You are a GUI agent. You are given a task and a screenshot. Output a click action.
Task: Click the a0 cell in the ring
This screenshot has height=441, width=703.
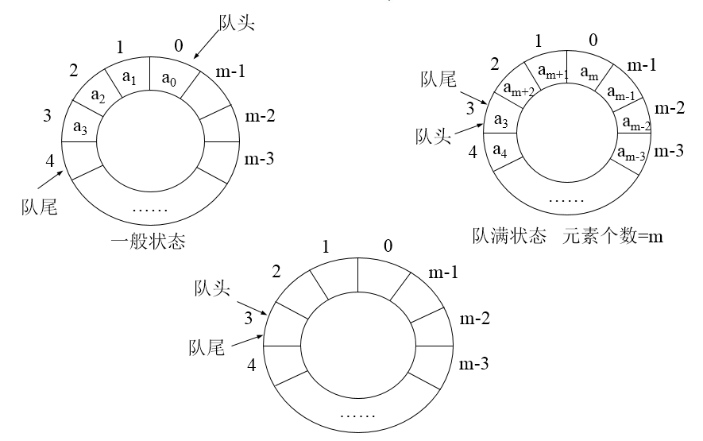(169, 79)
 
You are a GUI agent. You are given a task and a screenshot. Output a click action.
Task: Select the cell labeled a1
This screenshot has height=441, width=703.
(132, 78)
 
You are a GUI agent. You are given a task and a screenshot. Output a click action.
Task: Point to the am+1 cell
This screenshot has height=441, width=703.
(551, 72)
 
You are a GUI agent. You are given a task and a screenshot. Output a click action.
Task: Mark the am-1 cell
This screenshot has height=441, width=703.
(622, 93)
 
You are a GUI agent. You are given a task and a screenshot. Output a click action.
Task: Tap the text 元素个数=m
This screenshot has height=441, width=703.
(613, 236)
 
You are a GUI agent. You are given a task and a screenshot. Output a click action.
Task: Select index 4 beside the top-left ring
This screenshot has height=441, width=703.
(49, 160)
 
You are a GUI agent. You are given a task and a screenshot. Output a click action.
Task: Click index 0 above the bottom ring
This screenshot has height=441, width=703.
(388, 246)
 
